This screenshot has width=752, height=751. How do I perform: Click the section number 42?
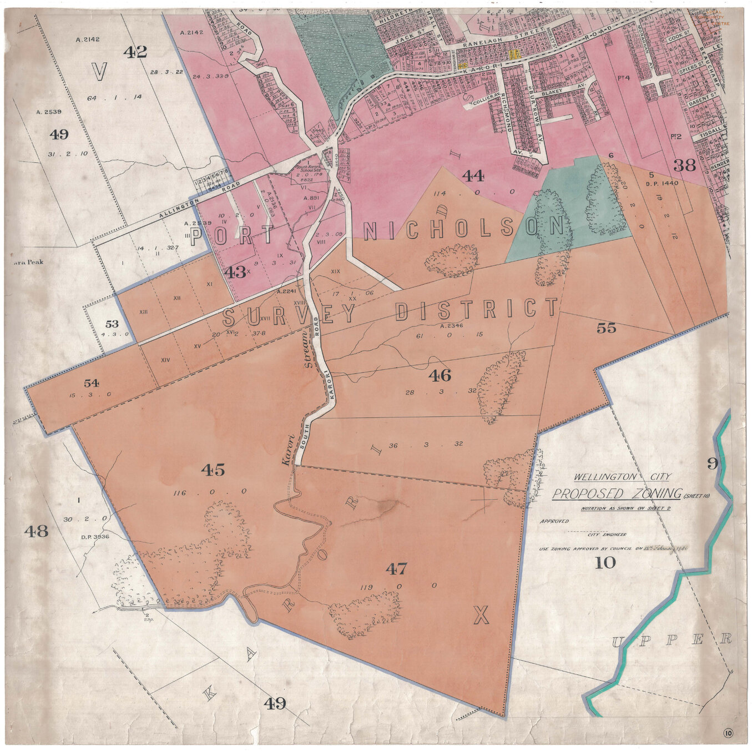135,52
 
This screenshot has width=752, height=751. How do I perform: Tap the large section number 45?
213,470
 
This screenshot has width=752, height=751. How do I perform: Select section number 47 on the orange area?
396,568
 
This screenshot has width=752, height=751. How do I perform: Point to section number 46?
440,376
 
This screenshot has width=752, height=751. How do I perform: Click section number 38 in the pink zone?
684,165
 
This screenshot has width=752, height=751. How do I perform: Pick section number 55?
606,328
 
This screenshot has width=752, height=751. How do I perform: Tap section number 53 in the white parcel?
112,324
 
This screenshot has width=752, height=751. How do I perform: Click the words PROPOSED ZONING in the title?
617,493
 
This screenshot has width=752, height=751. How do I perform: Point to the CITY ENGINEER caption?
607,535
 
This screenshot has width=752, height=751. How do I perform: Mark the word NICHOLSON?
463,229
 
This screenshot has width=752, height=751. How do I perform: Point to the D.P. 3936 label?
94,537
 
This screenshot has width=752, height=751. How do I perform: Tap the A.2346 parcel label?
451,326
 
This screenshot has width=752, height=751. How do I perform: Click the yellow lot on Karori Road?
514,54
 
